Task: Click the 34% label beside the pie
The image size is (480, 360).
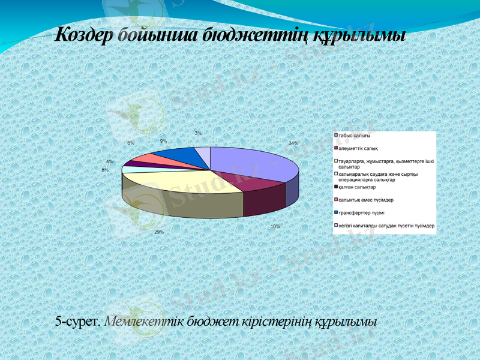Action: point(293,143)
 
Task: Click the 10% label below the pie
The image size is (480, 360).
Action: point(275,227)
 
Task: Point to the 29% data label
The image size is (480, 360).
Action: point(158,232)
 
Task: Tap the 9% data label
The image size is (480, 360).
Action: point(163,140)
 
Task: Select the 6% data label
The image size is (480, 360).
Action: point(130,143)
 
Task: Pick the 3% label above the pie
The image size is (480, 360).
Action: point(198,133)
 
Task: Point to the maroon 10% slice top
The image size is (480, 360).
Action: point(258,185)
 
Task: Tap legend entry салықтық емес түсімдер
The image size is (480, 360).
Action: point(367,200)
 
